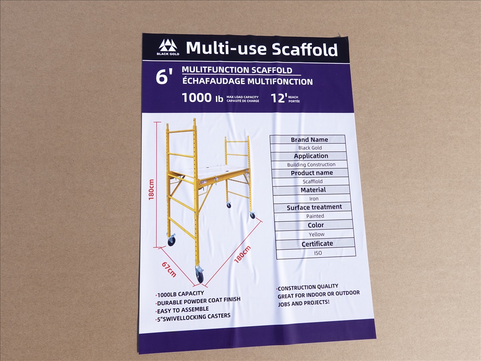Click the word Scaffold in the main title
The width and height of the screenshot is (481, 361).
point(305,49)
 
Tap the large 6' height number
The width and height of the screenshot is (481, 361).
point(164,77)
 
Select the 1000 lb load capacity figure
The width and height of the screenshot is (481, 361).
point(202,98)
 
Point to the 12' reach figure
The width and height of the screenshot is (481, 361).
point(279,98)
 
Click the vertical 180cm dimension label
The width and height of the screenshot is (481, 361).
point(151,190)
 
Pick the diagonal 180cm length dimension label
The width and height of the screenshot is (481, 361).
point(243,255)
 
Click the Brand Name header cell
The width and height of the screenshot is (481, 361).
point(309,140)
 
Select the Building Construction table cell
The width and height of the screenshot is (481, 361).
point(311,164)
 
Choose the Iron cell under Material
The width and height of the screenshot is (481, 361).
point(314,199)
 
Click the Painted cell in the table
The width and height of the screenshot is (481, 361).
point(315,216)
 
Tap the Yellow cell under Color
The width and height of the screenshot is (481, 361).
point(316,234)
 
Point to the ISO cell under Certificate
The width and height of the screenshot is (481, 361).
point(318,253)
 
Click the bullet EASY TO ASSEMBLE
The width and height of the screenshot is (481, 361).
point(182,310)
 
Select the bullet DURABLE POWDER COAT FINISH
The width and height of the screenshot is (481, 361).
point(198,301)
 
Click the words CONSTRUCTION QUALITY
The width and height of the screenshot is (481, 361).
point(308,287)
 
